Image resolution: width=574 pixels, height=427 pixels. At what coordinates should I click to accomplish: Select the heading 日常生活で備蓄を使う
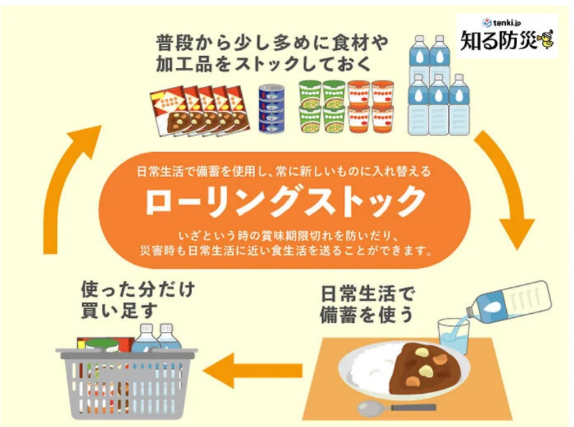pos(367,303)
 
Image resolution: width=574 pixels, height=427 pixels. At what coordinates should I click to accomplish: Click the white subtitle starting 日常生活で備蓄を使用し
pos(285,171)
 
